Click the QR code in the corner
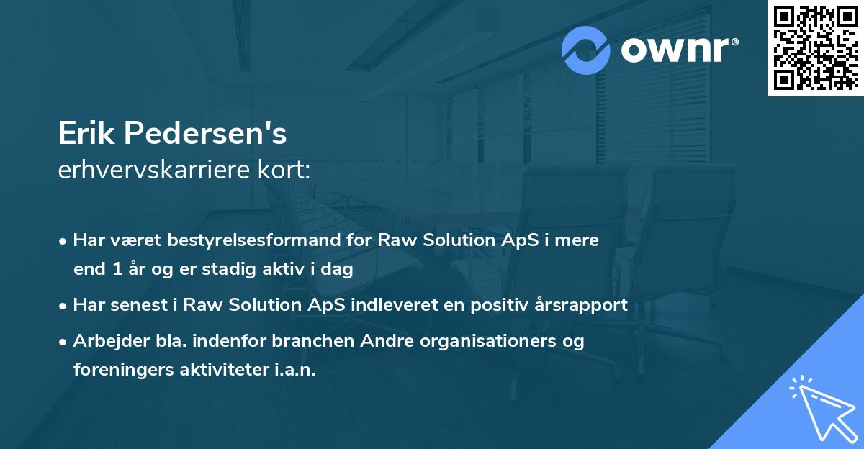814,48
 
